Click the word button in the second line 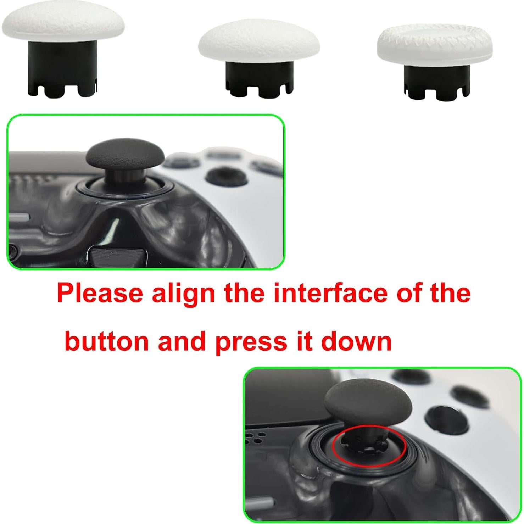(x=107, y=341)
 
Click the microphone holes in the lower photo (x=256, y=437)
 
